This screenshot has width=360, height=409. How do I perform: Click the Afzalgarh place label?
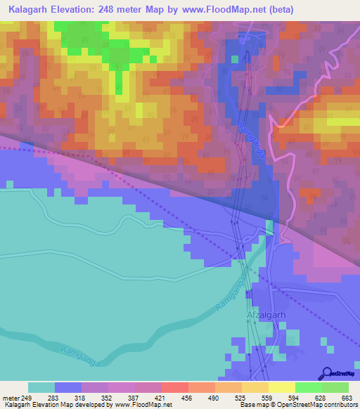click(x=266, y=316)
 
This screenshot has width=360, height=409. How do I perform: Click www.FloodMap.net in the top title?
click(x=226, y=9)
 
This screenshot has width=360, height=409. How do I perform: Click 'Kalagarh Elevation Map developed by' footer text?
click(x=58, y=405)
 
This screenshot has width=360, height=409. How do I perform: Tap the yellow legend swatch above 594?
click(x=282, y=387)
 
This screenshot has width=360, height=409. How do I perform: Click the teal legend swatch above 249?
click(x=41, y=387)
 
